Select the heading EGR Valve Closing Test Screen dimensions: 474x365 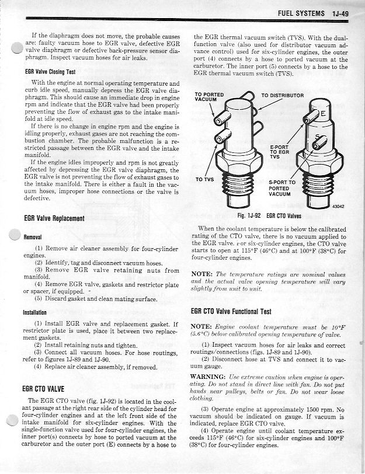(52, 72)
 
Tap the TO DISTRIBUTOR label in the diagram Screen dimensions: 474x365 (282, 95)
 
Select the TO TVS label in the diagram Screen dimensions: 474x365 (204, 179)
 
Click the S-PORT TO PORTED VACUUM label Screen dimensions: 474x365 (283, 188)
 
